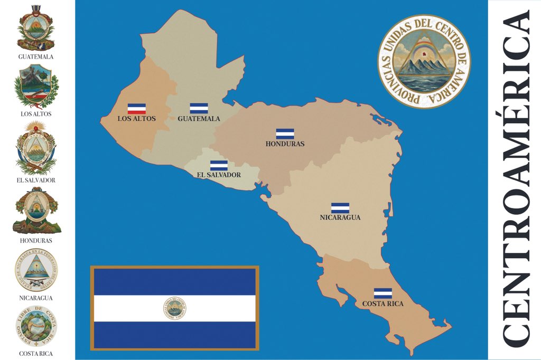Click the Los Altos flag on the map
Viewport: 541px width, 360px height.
pos(137,108)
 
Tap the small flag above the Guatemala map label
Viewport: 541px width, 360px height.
pos(199,108)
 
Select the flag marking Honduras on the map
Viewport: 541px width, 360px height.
pos(285,134)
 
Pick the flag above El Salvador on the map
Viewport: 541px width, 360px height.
pos(219,165)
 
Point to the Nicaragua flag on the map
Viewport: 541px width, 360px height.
pos(340,208)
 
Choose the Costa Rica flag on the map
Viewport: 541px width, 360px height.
pos(383,293)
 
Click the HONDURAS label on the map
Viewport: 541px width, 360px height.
pos(285,144)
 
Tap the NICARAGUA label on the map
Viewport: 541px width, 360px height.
pos(340,217)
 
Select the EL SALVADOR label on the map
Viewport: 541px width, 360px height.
pos(219,175)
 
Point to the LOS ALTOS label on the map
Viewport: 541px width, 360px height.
pos(136,119)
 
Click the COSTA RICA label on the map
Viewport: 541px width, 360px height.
pos(383,304)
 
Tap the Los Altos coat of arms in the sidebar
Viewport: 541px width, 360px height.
pos(36,86)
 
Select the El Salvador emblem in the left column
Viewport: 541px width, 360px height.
pos(36,148)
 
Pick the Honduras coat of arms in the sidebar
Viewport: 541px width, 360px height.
pos(36,211)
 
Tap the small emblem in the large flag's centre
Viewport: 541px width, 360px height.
pos(175,308)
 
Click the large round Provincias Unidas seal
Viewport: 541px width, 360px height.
pos(424,61)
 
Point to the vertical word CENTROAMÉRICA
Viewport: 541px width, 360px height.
pos(515,179)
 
